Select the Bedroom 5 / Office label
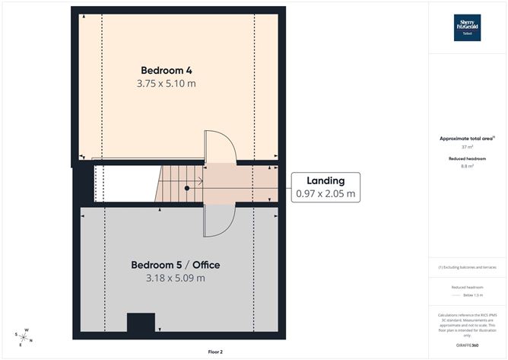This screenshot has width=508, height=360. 176,265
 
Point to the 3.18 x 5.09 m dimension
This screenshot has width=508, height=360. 176,278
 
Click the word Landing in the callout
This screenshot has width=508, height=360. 325,180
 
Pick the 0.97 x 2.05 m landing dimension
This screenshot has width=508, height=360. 325,194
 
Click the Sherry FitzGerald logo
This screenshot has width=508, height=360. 467,27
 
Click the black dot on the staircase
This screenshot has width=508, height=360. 186,187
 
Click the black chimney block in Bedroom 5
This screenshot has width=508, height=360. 141,323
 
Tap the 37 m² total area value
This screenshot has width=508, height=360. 467,147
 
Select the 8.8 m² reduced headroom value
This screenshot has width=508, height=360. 467,165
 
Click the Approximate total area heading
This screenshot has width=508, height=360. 466,138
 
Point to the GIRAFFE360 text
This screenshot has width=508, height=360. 467,346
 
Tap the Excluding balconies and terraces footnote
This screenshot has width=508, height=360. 467,267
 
